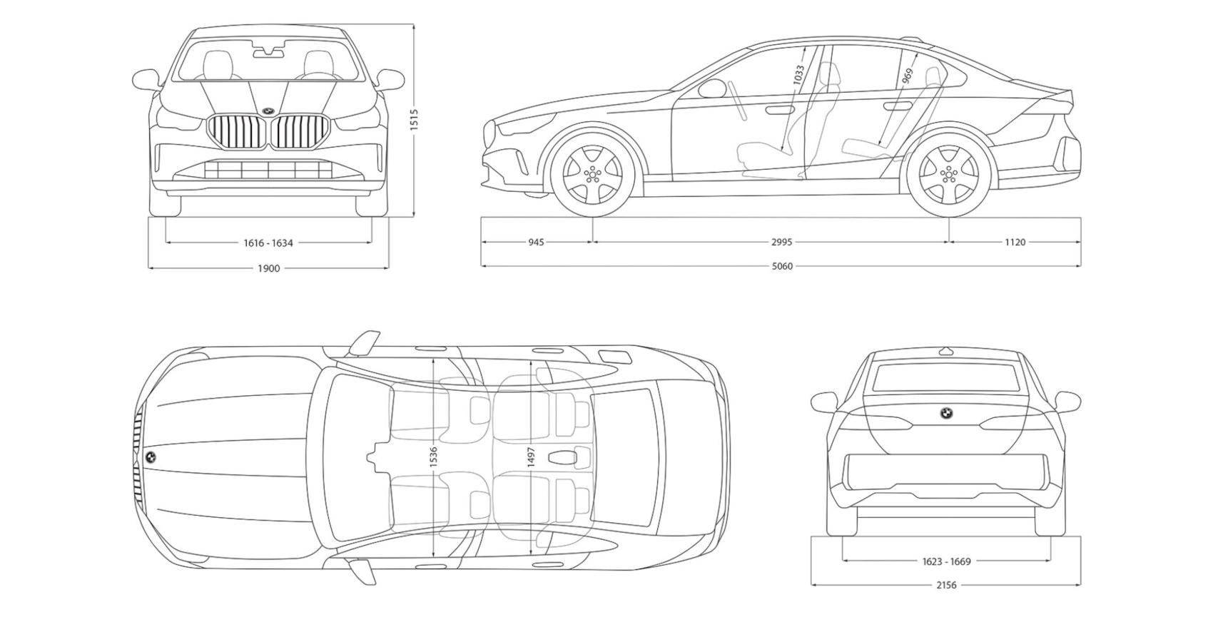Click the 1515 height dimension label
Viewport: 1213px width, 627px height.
(x=415, y=119)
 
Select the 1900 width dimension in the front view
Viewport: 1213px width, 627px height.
(x=268, y=268)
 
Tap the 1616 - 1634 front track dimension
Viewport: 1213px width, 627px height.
(x=268, y=243)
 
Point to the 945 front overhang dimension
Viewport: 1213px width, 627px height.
(x=536, y=242)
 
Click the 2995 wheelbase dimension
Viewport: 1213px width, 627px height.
(x=781, y=242)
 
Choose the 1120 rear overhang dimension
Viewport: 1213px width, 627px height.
(x=1015, y=242)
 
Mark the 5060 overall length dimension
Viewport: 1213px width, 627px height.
(x=782, y=266)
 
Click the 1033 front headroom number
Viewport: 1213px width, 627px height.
(x=798, y=75)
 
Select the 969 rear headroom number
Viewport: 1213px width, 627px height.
(x=907, y=76)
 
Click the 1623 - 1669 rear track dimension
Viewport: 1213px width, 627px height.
(x=946, y=561)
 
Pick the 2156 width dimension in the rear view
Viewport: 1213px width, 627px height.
(x=946, y=585)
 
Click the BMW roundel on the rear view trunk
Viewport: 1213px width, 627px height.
(x=945, y=413)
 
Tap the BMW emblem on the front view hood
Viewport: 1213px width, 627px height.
(x=268, y=111)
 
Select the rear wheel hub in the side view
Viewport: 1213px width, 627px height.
(x=948, y=173)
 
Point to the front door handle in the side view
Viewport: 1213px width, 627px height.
(x=780, y=109)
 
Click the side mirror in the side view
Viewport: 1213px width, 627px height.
(x=711, y=88)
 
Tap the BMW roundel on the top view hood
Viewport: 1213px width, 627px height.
(x=151, y=457)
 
